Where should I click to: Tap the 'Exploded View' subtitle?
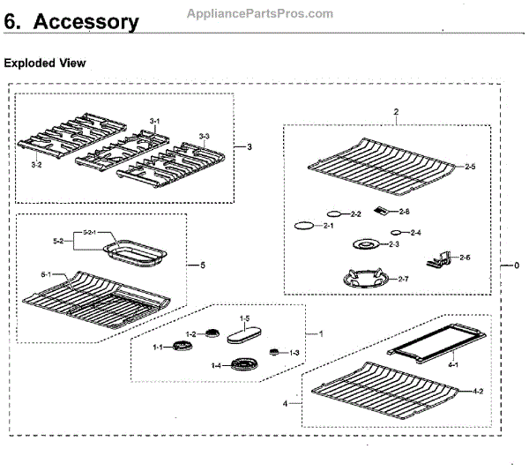coord(45,64)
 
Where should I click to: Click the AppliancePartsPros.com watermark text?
coord(261,14)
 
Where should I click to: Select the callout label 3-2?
coord(36,165)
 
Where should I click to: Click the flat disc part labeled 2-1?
coord(303,227)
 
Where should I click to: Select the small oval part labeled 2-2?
coord(334,213)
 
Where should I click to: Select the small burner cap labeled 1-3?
coord(274,352)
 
